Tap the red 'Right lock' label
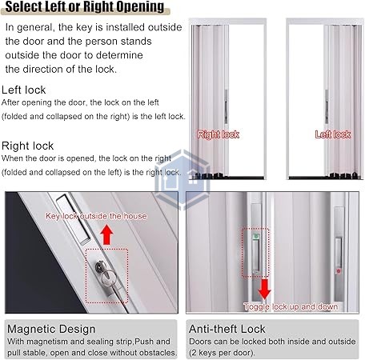(x=219, y=134)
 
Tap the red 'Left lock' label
(x=333, y=134)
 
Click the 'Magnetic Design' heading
(x=50, y=329)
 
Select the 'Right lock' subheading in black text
(x=28, y=146)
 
